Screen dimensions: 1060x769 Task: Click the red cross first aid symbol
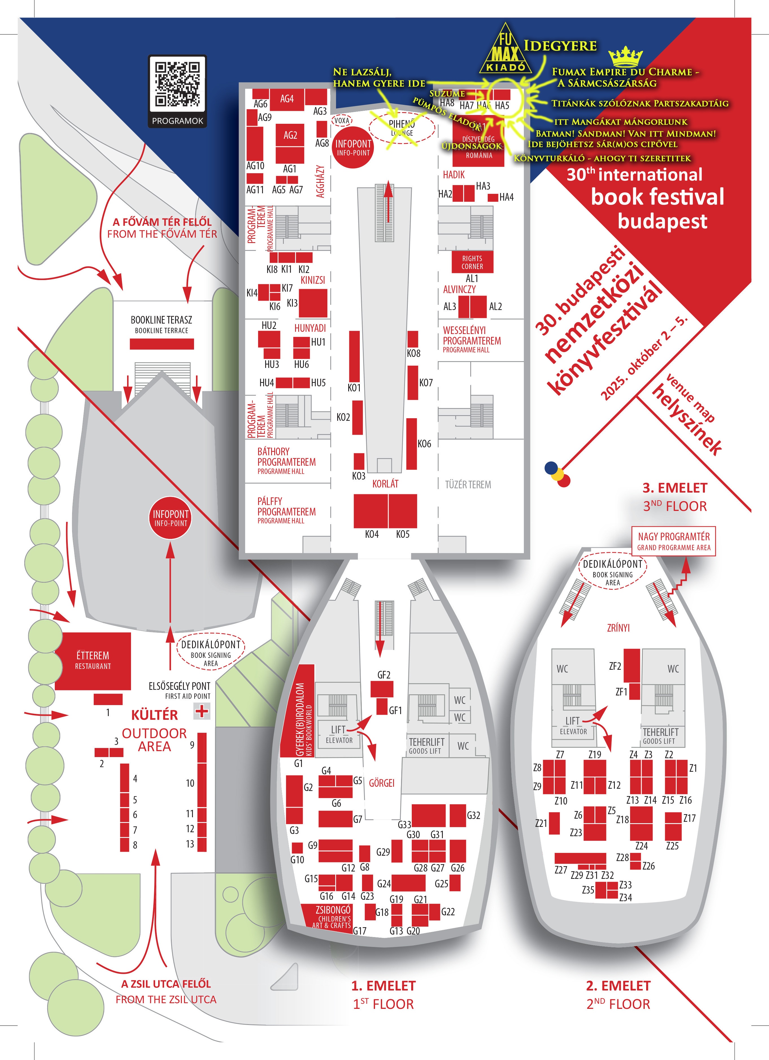(x=202, y=711)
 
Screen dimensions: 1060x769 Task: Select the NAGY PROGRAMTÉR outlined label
(x=674, y=541)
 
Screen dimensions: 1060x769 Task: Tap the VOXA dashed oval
(x=341, y=121)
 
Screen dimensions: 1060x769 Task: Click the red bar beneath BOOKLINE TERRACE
(x=162, y=344)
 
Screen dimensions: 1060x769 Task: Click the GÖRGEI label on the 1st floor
(x=382, y=783)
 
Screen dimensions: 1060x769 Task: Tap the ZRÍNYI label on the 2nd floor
(x=618, y=628)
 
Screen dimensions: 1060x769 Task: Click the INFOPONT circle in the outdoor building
(x=171, y=518)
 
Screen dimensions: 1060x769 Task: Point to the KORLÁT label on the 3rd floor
(x=385, y=484)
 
